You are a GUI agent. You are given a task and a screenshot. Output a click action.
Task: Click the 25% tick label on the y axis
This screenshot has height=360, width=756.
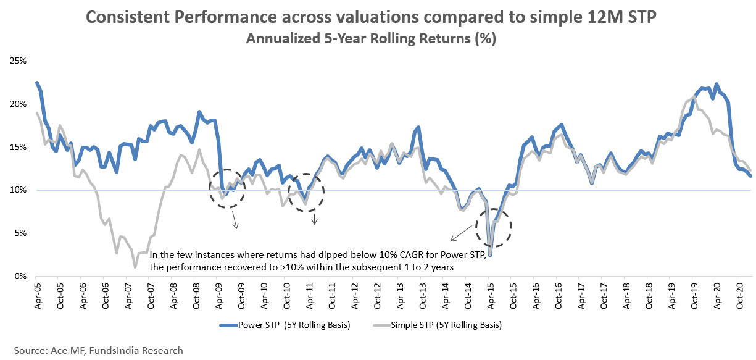pos(17,61)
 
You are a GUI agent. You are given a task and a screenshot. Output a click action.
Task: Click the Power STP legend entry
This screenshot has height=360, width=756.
pos(285,325)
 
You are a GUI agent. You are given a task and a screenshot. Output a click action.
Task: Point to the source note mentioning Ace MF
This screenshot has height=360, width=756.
pos(99,350)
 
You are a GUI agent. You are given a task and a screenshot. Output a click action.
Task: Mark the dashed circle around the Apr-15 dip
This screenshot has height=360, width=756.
pos(494,228)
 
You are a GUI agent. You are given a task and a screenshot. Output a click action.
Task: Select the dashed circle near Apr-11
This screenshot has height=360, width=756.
pos(306,192)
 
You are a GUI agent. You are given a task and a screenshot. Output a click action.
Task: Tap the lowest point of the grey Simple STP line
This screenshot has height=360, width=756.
pos(135,267)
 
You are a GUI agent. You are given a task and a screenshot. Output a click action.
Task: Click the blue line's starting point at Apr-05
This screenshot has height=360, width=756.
pos(37,83)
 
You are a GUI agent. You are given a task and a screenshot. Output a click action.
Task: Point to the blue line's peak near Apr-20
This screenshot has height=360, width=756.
pos(716,84)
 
